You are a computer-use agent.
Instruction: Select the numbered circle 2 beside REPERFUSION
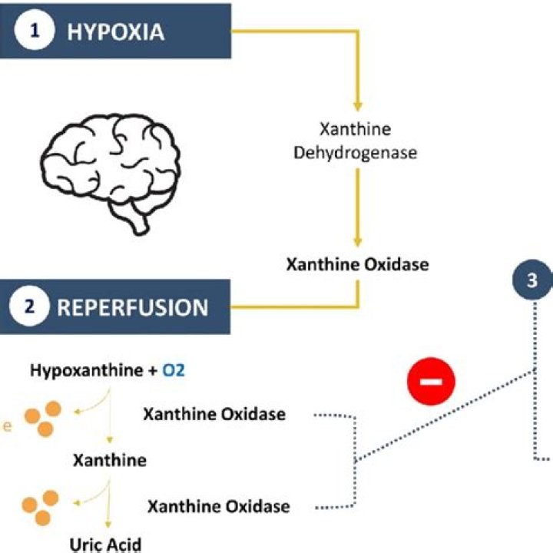click(30, 306)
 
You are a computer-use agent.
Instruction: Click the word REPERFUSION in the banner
click(133, 307)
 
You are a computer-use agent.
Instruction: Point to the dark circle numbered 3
click(533, 280)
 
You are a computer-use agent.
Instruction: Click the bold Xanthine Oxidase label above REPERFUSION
click(357, 264)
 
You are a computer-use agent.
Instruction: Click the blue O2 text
click(173, 371)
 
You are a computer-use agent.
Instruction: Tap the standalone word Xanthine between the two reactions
click(109, 461)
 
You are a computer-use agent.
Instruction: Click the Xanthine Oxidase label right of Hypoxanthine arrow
click(214, 415)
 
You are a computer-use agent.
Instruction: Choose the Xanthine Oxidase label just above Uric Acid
click(218, 506)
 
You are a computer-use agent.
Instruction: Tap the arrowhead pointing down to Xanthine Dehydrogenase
click(356, 105)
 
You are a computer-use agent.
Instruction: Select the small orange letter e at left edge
click(4, 426)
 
